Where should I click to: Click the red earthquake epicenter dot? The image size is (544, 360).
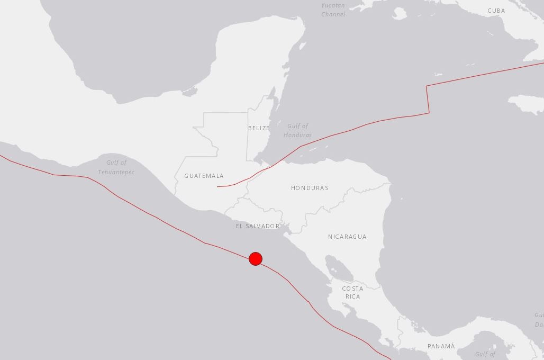(256, 259)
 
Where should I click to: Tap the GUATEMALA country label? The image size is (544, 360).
(204, 176)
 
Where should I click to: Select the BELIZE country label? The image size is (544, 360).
(259, 128)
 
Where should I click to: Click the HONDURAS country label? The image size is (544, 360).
(310, 188)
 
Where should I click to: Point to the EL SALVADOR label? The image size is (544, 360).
(258, 226)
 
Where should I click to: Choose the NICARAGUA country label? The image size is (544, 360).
(347, 237)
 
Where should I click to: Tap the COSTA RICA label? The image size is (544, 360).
(352, 292)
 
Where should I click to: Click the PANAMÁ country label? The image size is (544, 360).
(441, 346)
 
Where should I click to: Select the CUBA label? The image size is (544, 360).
(496, 11)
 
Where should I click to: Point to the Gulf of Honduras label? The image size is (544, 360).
(297, 130)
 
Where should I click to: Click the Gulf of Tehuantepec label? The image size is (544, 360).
(116, 167)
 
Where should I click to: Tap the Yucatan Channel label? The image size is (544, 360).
(333, 10)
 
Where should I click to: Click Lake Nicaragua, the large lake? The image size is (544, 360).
(339, 267)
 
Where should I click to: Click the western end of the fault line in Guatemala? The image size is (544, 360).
(217, 186)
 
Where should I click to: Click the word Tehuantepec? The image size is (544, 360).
(116, 172)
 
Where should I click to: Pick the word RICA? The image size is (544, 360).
(352, 296)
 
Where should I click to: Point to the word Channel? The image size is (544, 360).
(333, 14)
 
